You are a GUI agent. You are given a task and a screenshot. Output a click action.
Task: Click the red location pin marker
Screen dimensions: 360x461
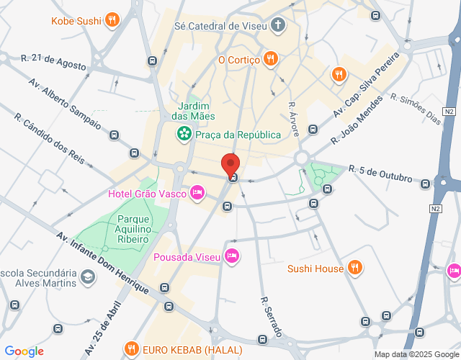point(230,165)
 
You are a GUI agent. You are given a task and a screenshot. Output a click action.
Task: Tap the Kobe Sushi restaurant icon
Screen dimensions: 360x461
point(112,19)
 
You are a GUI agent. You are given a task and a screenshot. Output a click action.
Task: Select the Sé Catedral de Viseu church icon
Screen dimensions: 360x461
point(278,25)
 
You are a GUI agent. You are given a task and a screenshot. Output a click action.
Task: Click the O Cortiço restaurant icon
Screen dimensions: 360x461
point(270,59)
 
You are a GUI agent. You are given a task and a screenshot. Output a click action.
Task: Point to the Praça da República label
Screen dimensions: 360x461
point(229,134)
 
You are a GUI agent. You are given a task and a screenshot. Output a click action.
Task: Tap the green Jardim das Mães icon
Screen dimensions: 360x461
point(184,133)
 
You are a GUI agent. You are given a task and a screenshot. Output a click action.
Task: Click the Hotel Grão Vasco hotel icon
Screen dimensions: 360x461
point(197,193)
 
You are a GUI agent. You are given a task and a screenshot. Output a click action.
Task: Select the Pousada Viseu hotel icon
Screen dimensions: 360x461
point(231,256)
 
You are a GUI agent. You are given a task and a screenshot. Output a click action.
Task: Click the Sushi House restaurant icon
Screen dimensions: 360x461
point(354,269)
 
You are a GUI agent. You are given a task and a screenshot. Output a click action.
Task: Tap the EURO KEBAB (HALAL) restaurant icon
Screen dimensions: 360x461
point(131,350)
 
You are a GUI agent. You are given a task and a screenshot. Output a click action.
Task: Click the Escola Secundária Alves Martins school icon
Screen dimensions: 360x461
point(86,277)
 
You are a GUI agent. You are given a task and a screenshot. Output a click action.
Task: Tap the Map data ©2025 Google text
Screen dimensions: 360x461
point(416,354)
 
